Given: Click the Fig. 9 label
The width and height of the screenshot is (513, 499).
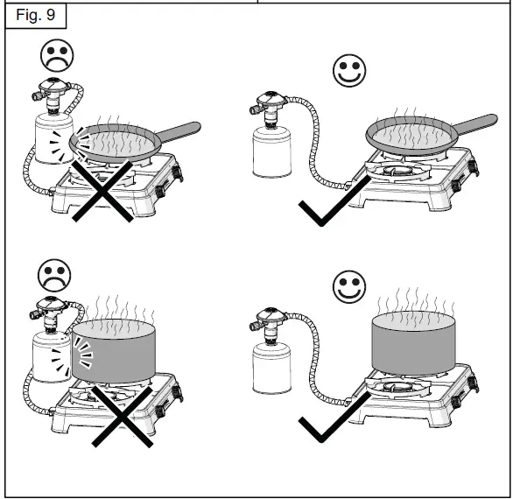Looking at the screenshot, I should click(34, 15).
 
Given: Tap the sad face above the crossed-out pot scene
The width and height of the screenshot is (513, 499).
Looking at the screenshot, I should click(55, 276).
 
